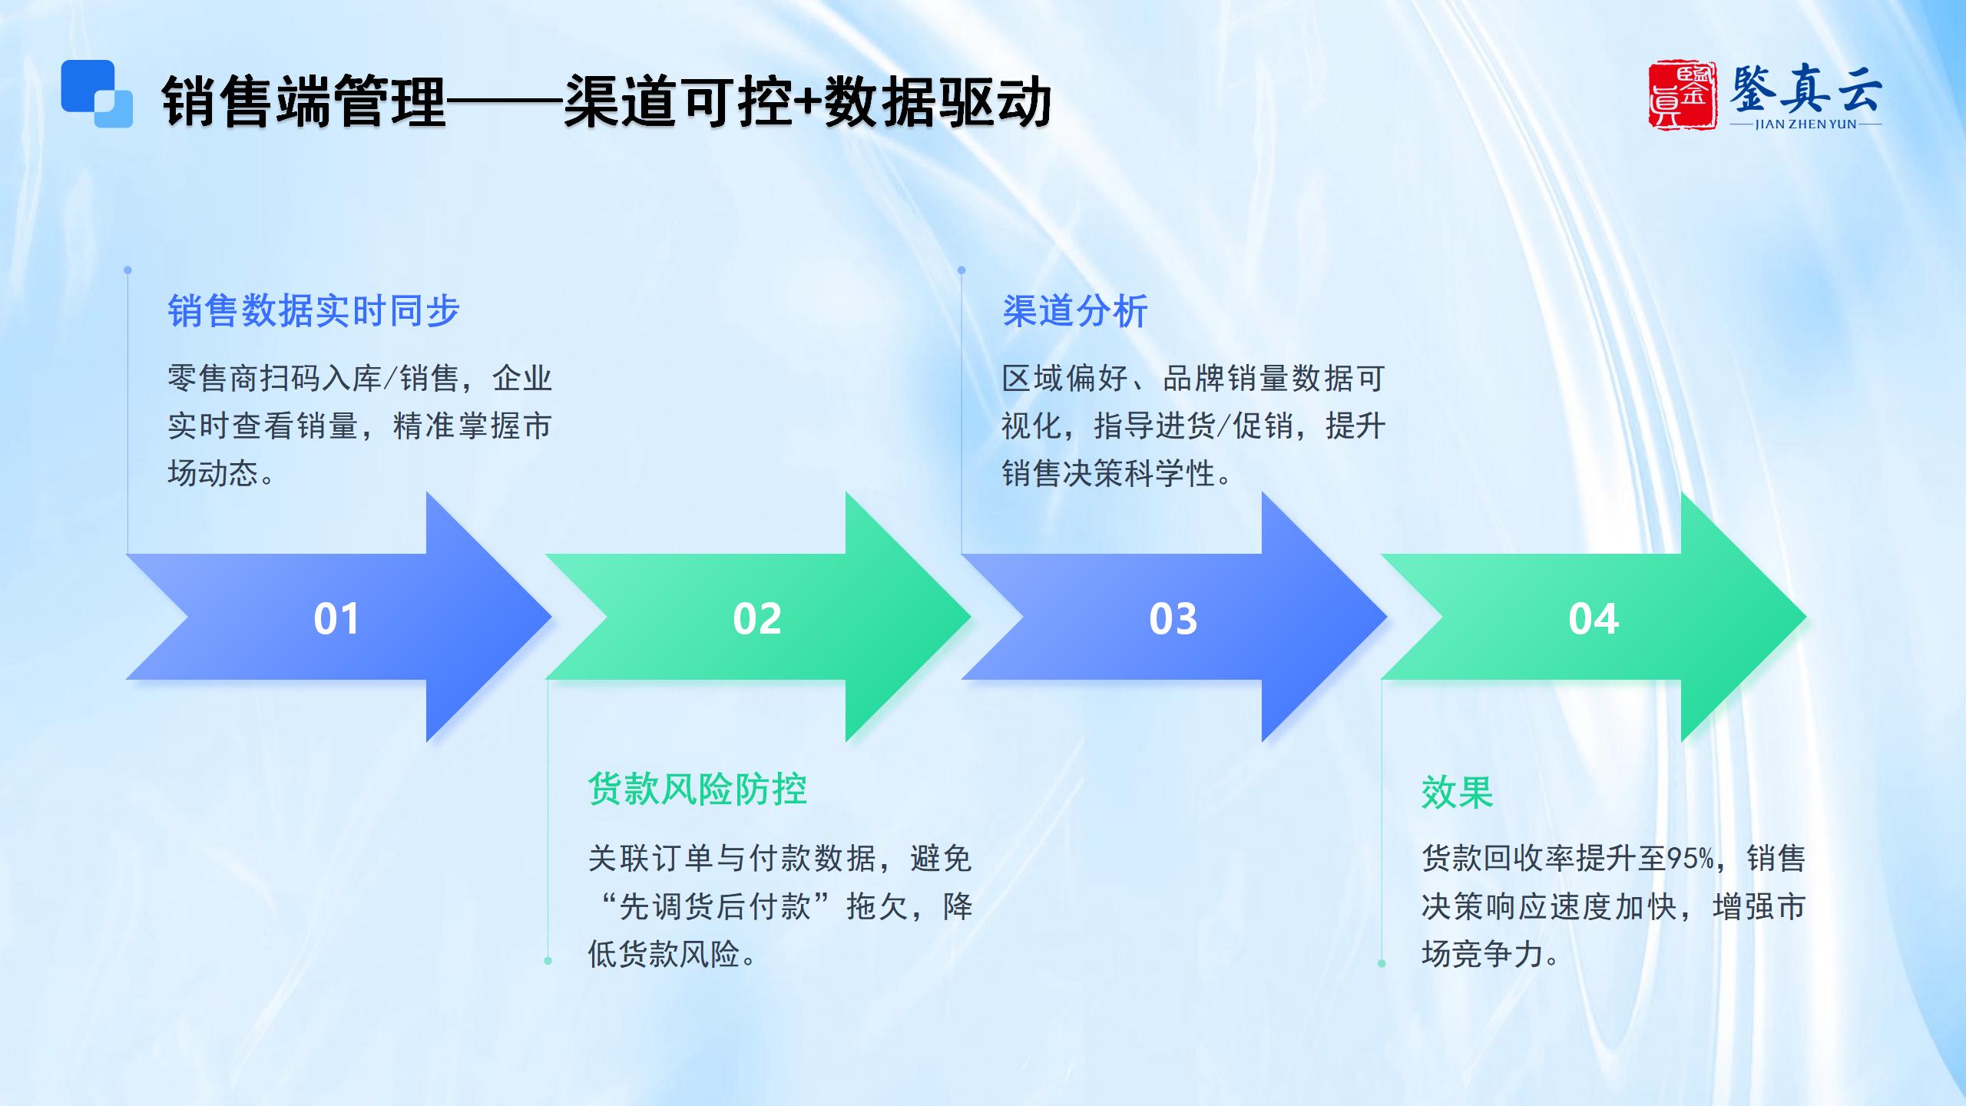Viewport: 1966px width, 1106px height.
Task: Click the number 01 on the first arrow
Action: [336, 618]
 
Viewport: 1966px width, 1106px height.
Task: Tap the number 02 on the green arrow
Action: [757, 618]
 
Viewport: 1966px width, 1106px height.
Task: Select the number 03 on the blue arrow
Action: [1173, 618]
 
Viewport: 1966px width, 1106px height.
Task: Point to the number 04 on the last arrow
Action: [1594, 618]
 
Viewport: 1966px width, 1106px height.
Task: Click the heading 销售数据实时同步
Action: [313, 311]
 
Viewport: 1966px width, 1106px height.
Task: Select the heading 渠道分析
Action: [1075, 311]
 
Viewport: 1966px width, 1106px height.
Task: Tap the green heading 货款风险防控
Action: [697, 790]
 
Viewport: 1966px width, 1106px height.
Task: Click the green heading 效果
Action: [1457, 792]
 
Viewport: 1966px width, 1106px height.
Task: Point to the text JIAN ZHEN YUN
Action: [1805, 124]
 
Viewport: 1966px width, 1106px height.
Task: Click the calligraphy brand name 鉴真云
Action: [1805, 90]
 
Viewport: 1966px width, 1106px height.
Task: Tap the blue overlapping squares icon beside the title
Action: [97, 94]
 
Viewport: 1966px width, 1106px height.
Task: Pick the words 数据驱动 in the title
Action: [938, 102]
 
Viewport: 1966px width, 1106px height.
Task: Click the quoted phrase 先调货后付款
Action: [715, 906]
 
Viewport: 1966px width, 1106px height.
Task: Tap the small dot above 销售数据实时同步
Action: [127, 270]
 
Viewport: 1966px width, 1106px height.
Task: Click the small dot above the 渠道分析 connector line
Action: [961, 270]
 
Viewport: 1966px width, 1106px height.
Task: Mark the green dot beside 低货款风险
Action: [548, 961]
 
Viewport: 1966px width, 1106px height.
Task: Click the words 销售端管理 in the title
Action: [304, 102]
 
